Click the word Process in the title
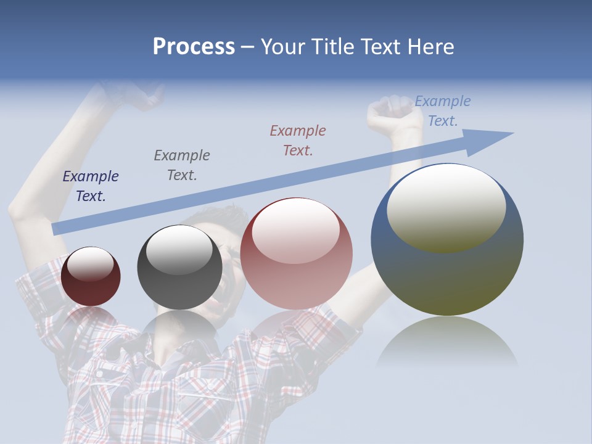pyautogui.click(x=194, y=47)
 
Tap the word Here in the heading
pyautogui.click(x=429, y=47)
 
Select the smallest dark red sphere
pyautogui.click(x=91, y=277)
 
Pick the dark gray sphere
pyautogui.click(x=179, y=268)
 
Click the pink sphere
pyautogui.click(x=296, y=254)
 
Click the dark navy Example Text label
pyautogui.click(x=91, y=186)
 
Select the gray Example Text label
pyautogui.click(x=182, y=165)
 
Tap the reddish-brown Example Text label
pyautogui.click(x=298, y=140)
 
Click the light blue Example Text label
pyautogui.click(x=442, y=111)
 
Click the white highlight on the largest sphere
pyautogui.click(x=446, y=207)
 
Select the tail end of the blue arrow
pyautogui.click(x=57, y=229)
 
